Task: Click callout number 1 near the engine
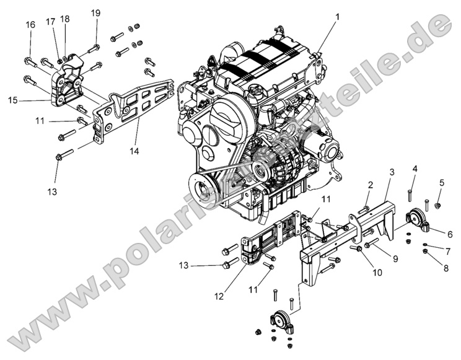[x=338, y=17]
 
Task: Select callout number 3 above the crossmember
[x=392, y=172]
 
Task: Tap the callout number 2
[x=370, y=185]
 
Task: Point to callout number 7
[x=415, y=169]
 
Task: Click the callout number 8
[x=442, y=182]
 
